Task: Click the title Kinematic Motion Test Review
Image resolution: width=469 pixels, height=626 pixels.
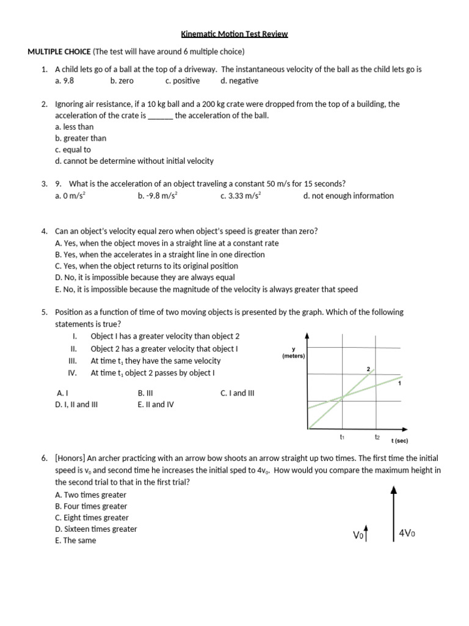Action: tap(234, 34)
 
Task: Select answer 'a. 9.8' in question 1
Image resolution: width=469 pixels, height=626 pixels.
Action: tap(64, 81)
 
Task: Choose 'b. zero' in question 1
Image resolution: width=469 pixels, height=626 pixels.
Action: tap(122, 81)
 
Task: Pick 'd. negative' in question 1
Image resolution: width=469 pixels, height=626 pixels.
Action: tap(239, 81)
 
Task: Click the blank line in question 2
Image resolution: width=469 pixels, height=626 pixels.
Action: tap(161, 116)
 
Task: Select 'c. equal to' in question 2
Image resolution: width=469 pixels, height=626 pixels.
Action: tap(73, 150)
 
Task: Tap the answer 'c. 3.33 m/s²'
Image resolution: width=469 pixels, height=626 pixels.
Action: tap(241, 196)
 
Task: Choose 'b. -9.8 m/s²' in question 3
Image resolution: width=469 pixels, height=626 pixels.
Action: tap(158, 196)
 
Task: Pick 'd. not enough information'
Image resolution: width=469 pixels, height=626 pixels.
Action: tap(348, 196)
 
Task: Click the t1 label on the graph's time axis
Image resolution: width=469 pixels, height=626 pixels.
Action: tap(342, 437)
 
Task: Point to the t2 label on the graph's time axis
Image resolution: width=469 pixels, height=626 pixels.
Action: tap(377, 437)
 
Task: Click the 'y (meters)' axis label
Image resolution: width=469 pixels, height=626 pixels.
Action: tap(294, 353)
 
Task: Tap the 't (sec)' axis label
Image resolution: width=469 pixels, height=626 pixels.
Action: tap(400, 440)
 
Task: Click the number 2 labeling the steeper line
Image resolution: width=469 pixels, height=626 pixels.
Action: tap(368, 369)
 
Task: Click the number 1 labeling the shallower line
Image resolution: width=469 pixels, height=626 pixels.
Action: tap(399, 384)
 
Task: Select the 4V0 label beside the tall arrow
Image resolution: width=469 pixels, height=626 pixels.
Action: tap(407, 533)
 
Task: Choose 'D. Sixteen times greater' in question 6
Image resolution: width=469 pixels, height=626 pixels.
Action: tap(96, 529)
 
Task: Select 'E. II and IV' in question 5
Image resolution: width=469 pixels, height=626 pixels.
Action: tap(156, 404)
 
